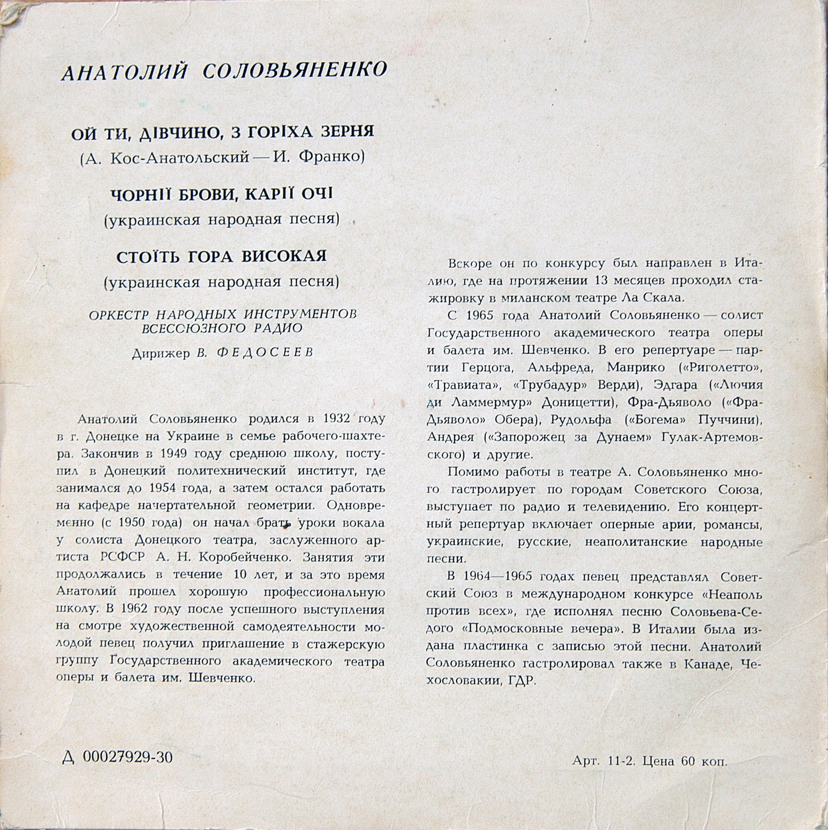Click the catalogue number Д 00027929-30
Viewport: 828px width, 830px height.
[x=117, y=757]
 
